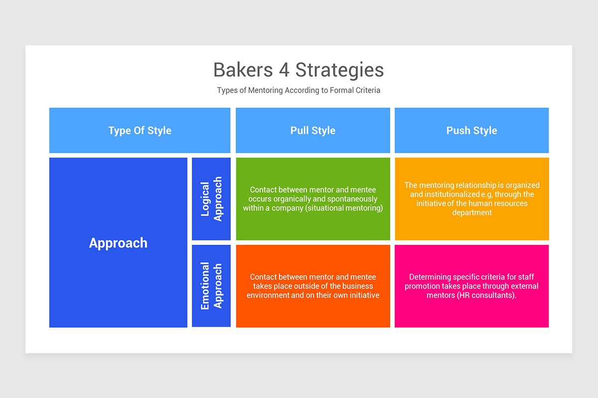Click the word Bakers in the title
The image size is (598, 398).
[x=243, y=70]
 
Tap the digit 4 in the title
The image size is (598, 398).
[x=284, y=70]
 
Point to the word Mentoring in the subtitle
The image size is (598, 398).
[x=265, y=91]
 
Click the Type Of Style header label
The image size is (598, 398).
[x=140, y=131]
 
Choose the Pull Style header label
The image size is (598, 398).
[x=312, y=131]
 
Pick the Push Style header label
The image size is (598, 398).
[x=472, y=131]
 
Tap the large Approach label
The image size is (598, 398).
[x=118, y=243]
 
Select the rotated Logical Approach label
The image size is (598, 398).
[x=211, y=199]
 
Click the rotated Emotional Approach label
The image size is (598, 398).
[x=211, y=286]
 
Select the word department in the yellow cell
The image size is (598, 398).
[x=472, y=213]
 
